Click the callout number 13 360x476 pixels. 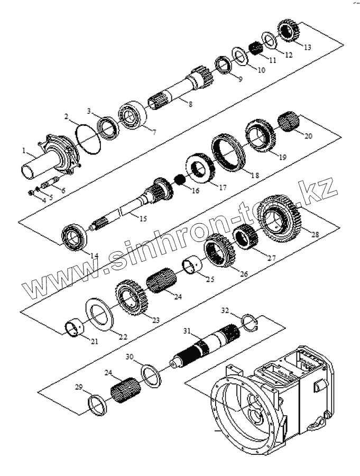click(x=307, y=47)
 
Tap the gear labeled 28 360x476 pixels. click(x=280, y=218)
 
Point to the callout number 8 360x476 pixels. click(x=190, y=105)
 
